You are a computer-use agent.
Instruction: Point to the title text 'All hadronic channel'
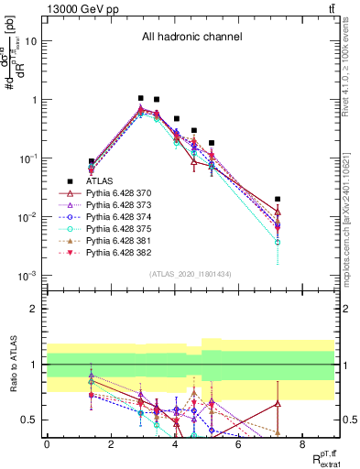click(x=191, y=38)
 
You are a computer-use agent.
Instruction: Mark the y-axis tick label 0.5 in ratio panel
click(x=29, y=420)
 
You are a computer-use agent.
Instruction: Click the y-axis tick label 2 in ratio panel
click(x=34, y=309)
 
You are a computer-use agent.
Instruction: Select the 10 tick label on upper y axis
click(x=30, y=41)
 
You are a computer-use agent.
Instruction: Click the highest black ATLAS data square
click(x=141, y=98)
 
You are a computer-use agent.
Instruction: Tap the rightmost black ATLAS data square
click(x=278, y=199)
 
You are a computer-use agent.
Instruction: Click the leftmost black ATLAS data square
click(x=91, y=161)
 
